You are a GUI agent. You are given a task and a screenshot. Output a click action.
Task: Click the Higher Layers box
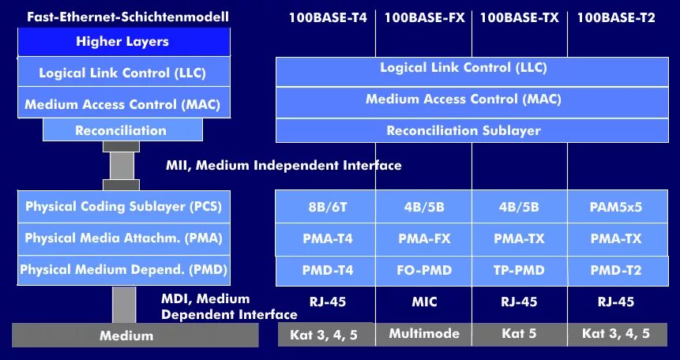tap(122, 42)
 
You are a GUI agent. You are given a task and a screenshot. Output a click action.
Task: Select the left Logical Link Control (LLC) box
tap(122, 73)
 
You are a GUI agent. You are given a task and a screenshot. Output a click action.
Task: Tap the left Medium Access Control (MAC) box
tap(122, 103)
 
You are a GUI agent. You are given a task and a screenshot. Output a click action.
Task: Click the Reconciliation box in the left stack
tap(121, 130)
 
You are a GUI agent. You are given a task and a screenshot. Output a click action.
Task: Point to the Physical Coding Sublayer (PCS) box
tap(123, 207)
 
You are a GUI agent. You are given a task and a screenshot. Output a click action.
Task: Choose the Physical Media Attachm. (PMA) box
tap(123, 238)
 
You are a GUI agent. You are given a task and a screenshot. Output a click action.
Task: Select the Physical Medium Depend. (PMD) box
tap(123, 270)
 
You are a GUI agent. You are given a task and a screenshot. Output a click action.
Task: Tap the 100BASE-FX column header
tap(424, 17)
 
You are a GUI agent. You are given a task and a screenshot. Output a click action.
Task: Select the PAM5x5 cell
tap(616, 207)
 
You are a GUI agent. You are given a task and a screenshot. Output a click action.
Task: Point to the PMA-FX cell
tap(424, 238)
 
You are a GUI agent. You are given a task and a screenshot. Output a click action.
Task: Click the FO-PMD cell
tap(424, 270)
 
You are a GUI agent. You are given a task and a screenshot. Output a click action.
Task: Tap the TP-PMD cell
tap(519, 270)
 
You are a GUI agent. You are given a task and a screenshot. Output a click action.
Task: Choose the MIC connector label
tap(424, 302)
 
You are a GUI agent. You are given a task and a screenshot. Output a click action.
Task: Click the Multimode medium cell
tap(424, 333)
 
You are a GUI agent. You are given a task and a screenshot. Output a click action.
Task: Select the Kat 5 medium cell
tap(519, 334)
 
